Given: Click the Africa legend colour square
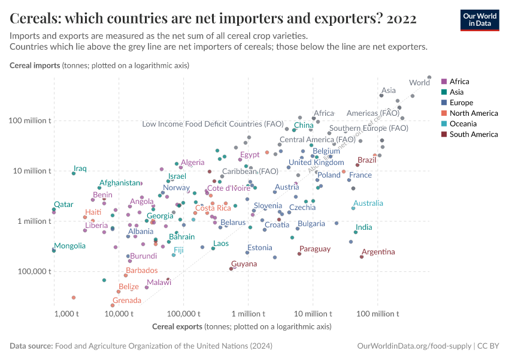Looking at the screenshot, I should click(444, 82).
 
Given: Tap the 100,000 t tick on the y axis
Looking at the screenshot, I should click(34, 271).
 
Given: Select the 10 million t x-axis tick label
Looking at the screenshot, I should click(313, 314).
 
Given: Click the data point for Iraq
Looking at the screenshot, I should click(74, 173).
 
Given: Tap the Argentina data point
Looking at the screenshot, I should click(362, 257).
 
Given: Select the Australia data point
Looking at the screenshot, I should click(353, 208).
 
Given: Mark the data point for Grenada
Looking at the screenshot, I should click(113, 305).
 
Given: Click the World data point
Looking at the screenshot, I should click(429, 77).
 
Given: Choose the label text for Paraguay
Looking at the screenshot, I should click(315, 249).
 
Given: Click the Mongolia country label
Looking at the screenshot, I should click(69, 246).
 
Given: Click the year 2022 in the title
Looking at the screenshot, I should click(402, 19).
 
